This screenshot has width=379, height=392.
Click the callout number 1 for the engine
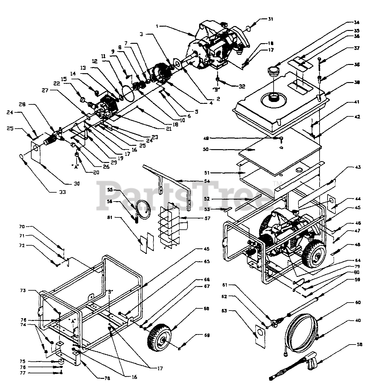(157, 27)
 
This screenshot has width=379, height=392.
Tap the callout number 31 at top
(270, 19)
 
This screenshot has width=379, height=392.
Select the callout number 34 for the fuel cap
(356, 22)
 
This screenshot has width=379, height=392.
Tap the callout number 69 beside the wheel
(207, 336)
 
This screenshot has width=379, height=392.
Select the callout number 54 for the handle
(207, 182)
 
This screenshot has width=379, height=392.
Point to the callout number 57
(207, 218)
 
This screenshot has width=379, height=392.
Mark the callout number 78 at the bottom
(107, 379)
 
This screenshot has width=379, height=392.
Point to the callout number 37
(357, 48)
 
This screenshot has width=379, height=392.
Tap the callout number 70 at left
(30, 227)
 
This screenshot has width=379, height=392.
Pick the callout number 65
(207, 262)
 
